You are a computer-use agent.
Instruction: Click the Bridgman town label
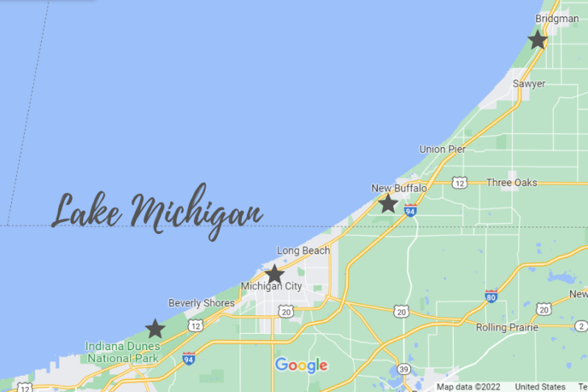(x=557, y=18)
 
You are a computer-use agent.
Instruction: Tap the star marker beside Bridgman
(x=538, y=40)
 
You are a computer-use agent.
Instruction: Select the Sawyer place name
(x=529, y=84)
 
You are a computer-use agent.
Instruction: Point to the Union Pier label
(x=442, y=149)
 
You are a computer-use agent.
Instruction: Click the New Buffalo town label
(x=399, y=189)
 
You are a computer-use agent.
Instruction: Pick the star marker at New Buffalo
(x=388, y=204)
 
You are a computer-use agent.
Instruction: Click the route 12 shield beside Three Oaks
(x=459, y=182)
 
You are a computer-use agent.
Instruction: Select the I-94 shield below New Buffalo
(x=411, y=211)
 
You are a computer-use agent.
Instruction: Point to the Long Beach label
(x=303, y=251)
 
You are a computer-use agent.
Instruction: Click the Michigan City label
(x=271, y=286)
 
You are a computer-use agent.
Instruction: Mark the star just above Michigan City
(x=274, y=274)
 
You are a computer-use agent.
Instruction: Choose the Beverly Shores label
(x=201, y=303)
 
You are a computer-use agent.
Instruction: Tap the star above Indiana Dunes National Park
(x=155, y=329)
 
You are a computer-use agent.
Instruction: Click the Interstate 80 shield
(x=491, y=296)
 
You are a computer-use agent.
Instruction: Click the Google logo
(x=301, y=366)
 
